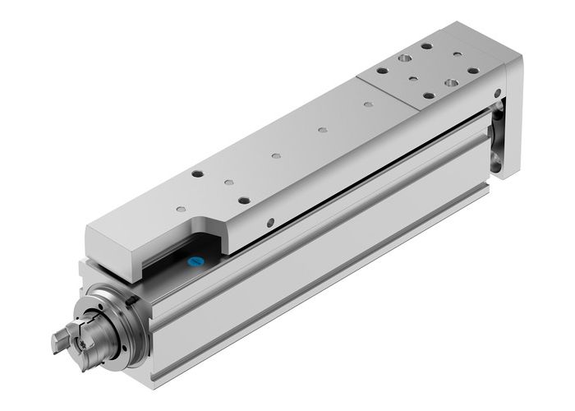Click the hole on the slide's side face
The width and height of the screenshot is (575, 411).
tap(270, 221)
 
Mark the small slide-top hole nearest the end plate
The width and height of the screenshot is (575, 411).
tap(367, 104)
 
